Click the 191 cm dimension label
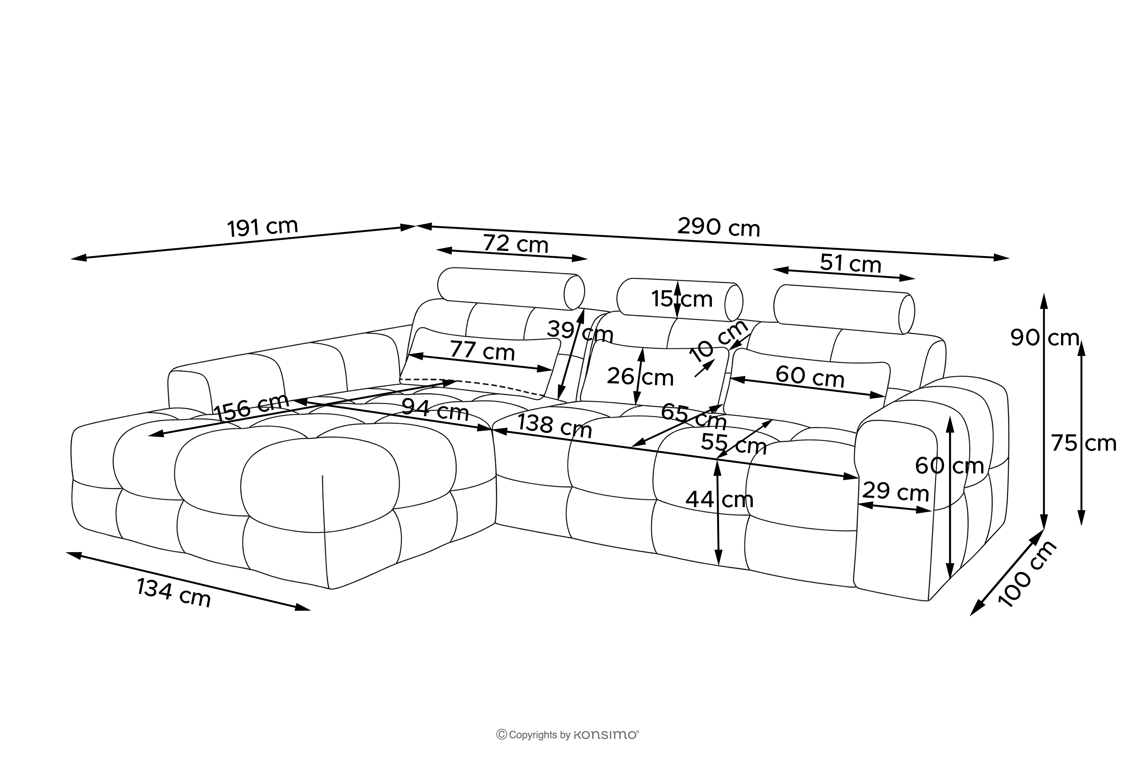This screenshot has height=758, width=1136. coord(262,227)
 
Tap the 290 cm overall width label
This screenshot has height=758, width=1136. coord(718,227)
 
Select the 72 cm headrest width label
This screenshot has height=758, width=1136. coord(515,244)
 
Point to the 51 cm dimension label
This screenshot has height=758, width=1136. coord(850,263)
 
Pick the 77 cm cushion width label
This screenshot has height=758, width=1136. coord(482,351)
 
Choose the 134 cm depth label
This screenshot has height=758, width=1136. coord(174,593)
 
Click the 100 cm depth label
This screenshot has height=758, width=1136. coord(1028,574)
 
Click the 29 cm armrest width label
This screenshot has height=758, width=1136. coord(896,492)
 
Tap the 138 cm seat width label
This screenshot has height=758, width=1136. coord(554,426)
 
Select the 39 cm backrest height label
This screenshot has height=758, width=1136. coord(580,332)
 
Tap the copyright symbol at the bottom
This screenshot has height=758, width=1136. coord(502,735)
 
